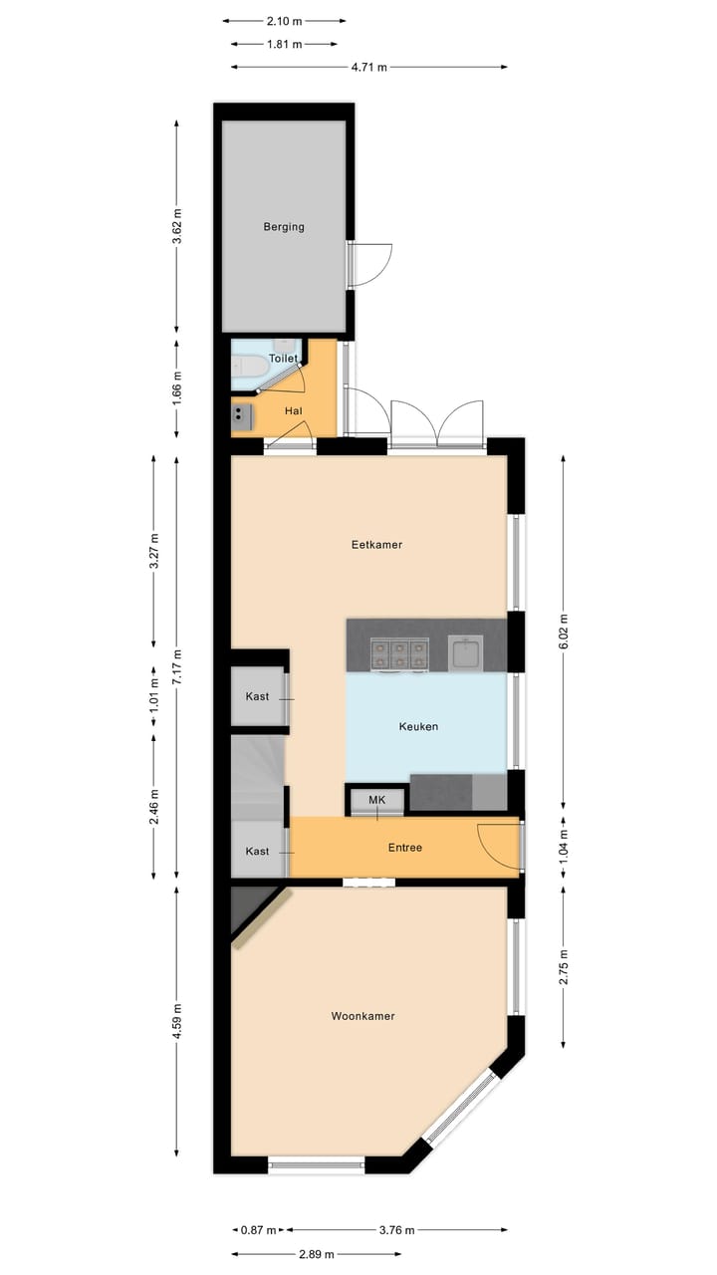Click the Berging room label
(x=284, y=227)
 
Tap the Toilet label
(x=284, y=358)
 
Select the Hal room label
(x=293, y=410)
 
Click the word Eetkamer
(x=376, y=545)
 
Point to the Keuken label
(x=418, y=727)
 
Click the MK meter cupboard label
(x=376, y=800)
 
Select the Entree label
(x=405, y=848)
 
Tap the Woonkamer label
(x=363, y=1016)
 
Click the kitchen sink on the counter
(x=464, y=653)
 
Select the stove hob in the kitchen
(x=398, y=653)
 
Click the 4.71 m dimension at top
(x=368, y=67)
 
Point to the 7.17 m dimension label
(x=177, y=666)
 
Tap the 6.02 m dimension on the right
(x=564, y=632)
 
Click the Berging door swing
(x=370, y=264)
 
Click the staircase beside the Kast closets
(x=257, y=775)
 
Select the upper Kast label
(x=258, y=697)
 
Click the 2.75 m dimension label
(x=564, y=965)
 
